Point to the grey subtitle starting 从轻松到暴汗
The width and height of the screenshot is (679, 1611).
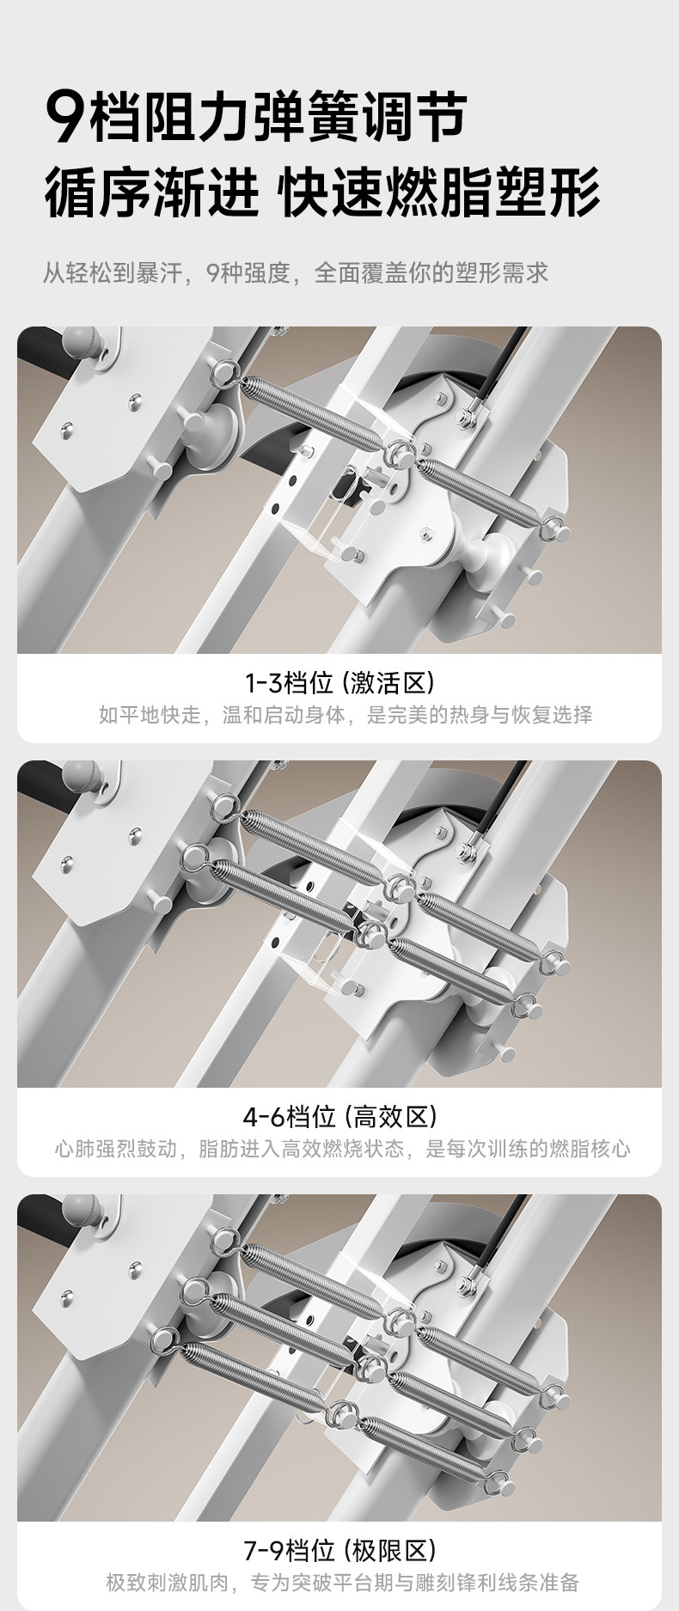pos(296,273)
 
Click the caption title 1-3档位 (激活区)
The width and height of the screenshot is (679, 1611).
pos(339,683)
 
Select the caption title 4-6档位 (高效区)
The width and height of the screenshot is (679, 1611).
pos(339,1117)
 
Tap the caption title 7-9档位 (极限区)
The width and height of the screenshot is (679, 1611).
pos(339,1551)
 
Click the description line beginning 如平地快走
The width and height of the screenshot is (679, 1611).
pos(346,715)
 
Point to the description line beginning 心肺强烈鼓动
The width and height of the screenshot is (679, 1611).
pos(343,1149)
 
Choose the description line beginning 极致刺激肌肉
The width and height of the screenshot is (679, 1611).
pos(343,1583)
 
